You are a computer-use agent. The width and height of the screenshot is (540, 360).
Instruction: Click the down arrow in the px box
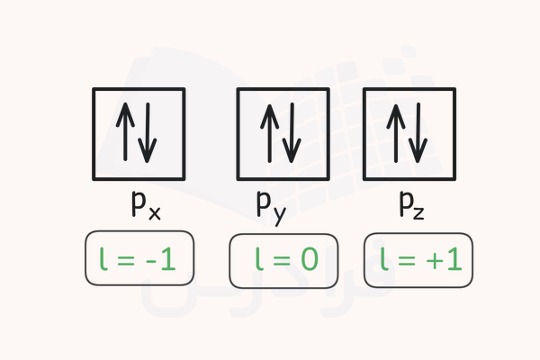148,135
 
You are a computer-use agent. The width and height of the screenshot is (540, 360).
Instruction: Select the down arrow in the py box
290,135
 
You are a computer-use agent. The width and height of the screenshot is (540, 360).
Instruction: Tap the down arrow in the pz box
418,135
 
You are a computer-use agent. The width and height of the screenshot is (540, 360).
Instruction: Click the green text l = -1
139,261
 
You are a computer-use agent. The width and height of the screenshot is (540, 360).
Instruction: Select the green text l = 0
283,261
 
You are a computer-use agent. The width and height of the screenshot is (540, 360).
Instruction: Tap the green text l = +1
418,261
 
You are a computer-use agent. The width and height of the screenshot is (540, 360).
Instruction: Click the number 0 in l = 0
309,261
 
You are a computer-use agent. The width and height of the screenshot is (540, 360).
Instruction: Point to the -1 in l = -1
163,261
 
